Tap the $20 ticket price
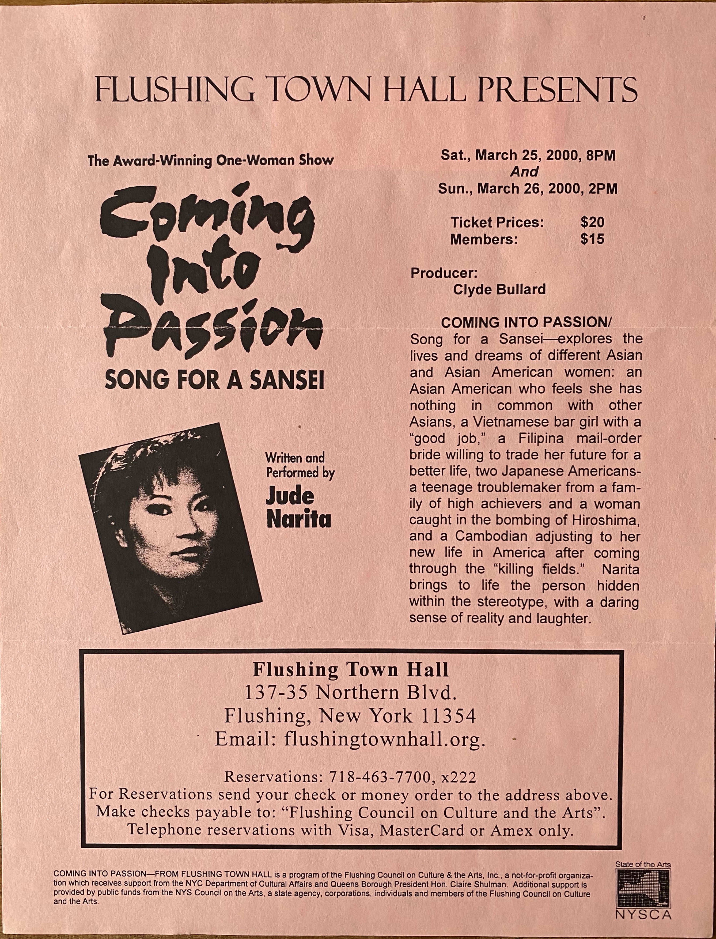coord(592,222)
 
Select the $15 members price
coord(592,239)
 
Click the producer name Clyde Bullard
coord(499,289)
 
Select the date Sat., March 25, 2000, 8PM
coord(528,155)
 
